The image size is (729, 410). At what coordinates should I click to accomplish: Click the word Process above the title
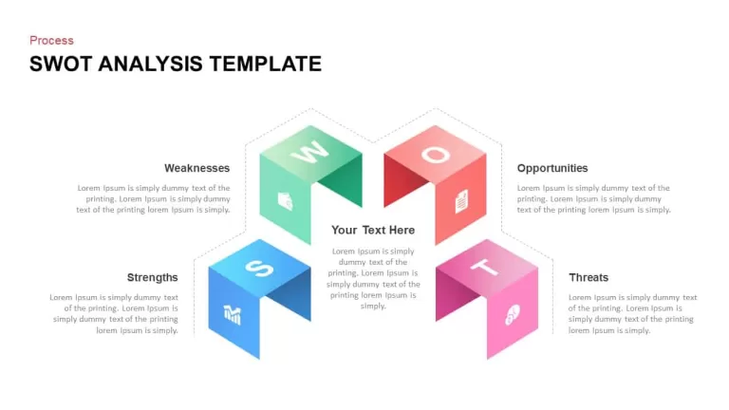[x=51, y=41]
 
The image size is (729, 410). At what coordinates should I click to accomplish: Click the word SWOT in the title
[x=61, y=64]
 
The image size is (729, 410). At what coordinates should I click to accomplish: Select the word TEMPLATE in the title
[x=265, y=64]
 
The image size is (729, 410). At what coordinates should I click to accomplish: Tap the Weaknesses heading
[x=196, y=168]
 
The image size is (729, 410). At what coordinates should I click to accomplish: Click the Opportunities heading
[x=552, y=168]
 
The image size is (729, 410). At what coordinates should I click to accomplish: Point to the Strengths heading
[x=152, y=277]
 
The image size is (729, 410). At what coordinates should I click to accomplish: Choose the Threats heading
[x=589, y=277]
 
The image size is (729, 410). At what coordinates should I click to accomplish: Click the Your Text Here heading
[x=373, y=230]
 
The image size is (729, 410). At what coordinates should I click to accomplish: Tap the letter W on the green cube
[x=309, y=152]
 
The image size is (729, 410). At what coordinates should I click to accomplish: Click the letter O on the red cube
[x=435, y=155]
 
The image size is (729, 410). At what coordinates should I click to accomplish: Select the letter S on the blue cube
[x=259, y=269]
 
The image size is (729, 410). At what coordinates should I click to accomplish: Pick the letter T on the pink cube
[x=484, y=268]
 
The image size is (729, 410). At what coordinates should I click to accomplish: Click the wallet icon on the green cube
[x=285, y=201]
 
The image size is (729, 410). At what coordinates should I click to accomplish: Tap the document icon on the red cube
[x=461, y=202]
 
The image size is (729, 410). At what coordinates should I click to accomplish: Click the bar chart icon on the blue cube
[x=232, y=315]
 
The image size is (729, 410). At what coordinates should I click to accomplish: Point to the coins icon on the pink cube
[x=513, y=315]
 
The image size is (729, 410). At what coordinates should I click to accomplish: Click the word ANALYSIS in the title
[x=150, y=64]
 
